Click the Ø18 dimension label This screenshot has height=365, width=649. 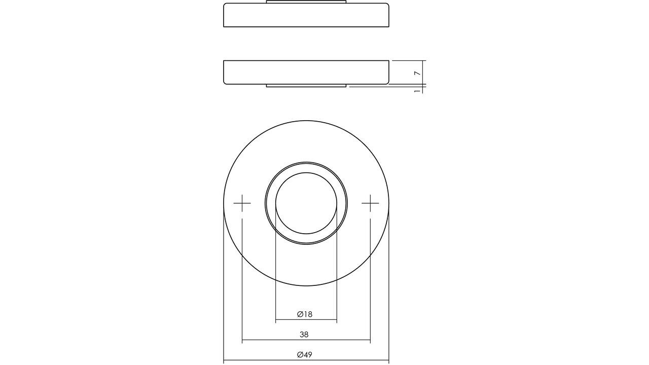pos(305,314)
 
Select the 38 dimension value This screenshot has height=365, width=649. pos(304,335)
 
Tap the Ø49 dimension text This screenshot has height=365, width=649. pos(305,355)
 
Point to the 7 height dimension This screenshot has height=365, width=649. pos(417,74)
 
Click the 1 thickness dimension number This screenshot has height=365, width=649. pos(417,91)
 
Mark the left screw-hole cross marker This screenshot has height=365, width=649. pos(242,203)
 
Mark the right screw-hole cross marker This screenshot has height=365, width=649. pos(370,203)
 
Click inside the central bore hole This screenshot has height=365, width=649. pos(306,203)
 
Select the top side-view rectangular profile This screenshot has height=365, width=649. pos(306,15)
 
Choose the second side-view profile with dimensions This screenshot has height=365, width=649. pos(306,72)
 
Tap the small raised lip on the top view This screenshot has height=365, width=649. pos(306,2)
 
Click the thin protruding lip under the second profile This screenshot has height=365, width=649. pos(306,86)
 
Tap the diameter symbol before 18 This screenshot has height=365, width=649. pos(300,314)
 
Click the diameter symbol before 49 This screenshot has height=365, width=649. pos(300,355)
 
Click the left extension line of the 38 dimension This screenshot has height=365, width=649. pos(242,279)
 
